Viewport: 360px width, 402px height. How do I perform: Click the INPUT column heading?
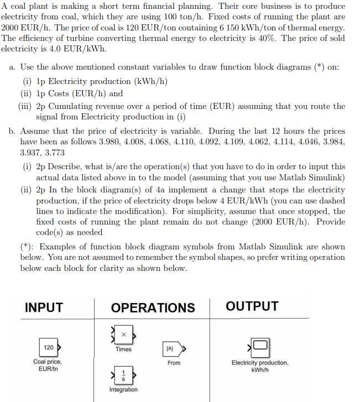click(x=44, y=307)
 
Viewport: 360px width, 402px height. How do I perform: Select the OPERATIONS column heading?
click(x=153, y=307)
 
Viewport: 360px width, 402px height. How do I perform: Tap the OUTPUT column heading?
click(x=252, y=306)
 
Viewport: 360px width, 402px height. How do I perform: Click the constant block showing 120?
click(x=49, y=347)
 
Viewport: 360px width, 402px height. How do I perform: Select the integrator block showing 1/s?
click(x=123, y=374)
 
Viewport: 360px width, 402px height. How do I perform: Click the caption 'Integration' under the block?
click(x=123, y=389)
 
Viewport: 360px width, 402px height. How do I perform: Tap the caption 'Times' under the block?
click(x=123, y=349)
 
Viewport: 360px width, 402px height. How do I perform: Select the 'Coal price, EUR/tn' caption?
click(x=48, y=366)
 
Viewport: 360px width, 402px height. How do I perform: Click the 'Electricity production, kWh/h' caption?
click(x=260, y=366)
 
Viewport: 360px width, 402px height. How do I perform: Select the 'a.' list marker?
click(x=12, y=67)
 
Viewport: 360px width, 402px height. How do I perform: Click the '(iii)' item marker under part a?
click(x=26, y=106)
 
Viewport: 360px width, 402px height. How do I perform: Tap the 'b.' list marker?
click(x=12, y=132)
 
